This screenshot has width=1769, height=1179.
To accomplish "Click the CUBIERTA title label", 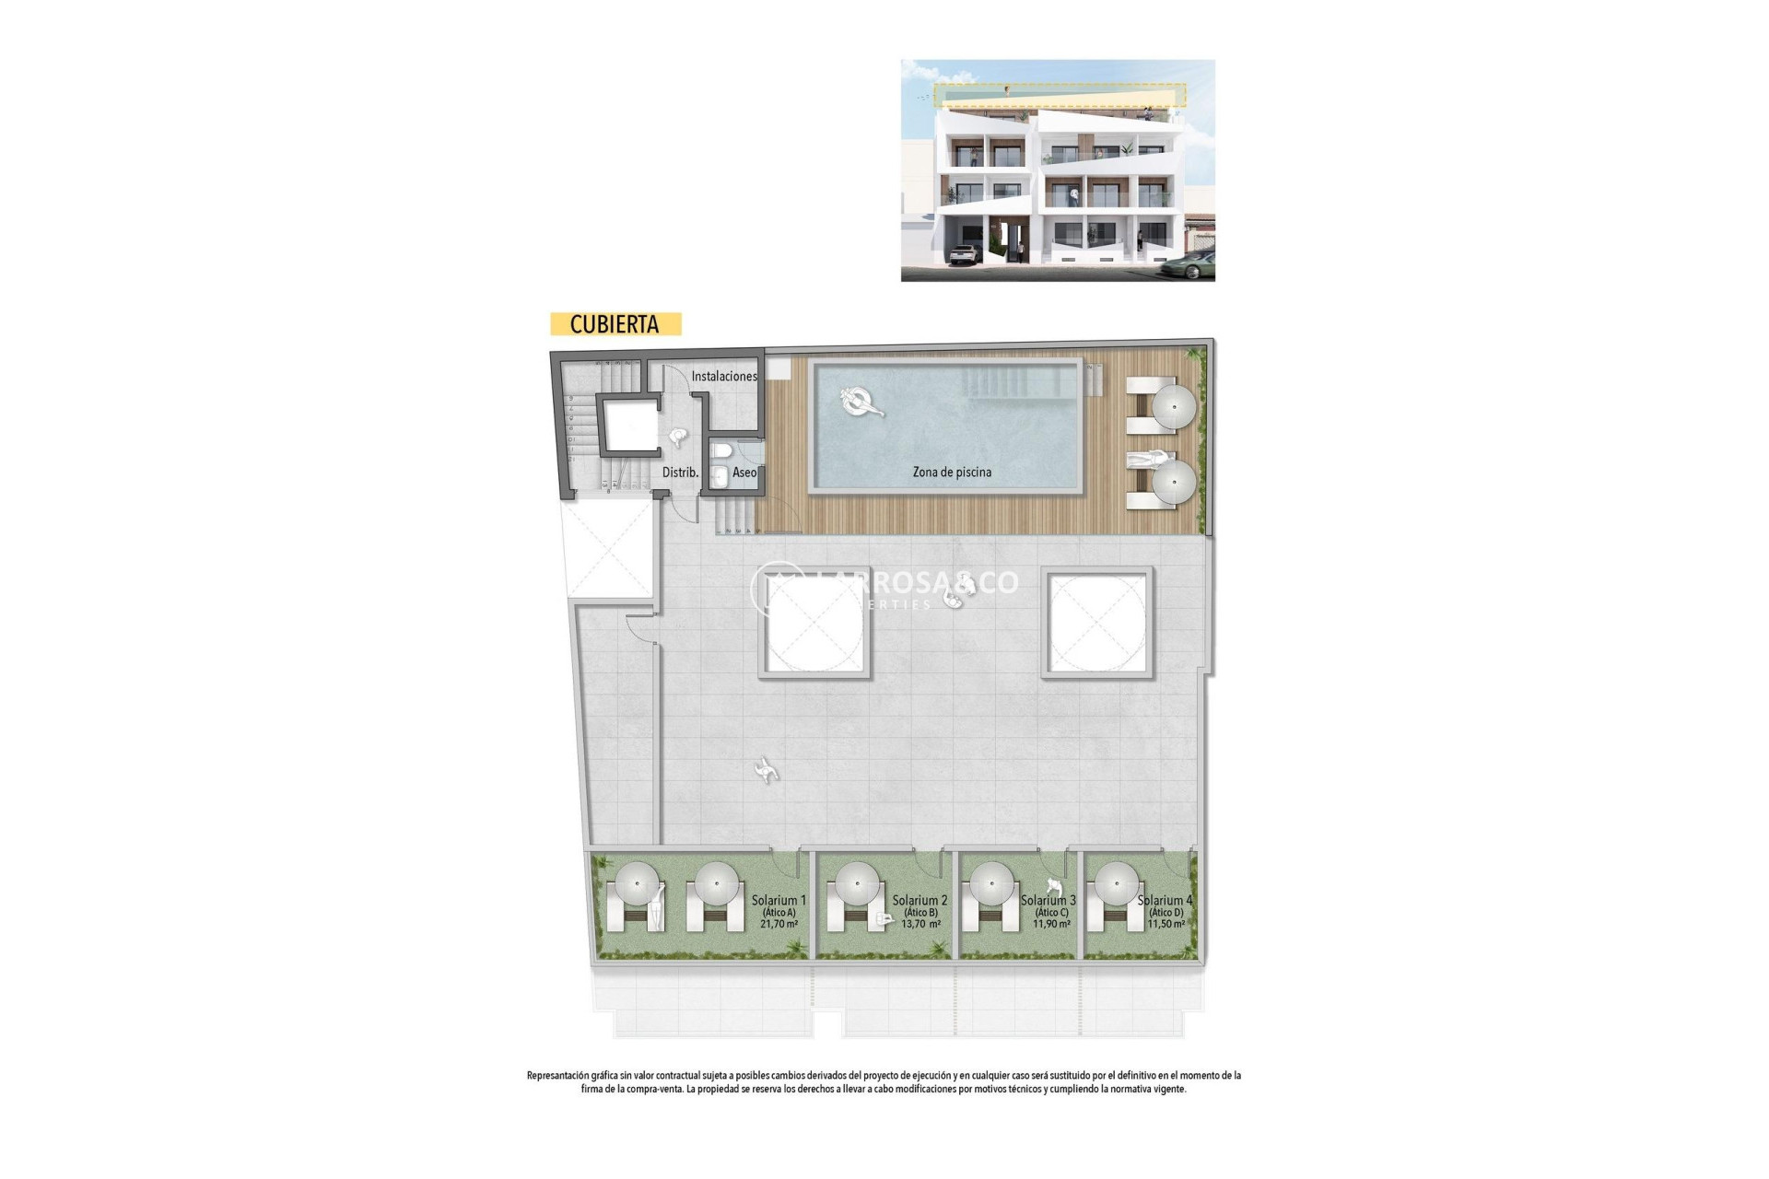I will (x=615, y=324).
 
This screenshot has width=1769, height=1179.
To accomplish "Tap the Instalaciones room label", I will (x=724, y=376).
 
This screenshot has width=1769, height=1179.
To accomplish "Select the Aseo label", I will (x=744, y=473).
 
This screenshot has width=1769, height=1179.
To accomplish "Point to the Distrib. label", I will (x=680, y=473).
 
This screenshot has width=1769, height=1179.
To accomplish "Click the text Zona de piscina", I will (x=952, y=473).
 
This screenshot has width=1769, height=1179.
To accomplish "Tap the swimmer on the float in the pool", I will (x=861, y=402).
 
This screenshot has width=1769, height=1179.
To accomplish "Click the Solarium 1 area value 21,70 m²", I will (x=779, y=924).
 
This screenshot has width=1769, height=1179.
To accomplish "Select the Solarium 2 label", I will (x=920, y=900).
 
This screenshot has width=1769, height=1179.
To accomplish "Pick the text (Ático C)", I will (x=1051, y=913).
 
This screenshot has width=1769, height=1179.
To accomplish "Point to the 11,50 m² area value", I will (x=1166, y=924).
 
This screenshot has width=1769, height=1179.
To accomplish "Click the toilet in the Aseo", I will (x=720, y=450).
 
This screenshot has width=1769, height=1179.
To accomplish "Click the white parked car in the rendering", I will (x=963, y=254).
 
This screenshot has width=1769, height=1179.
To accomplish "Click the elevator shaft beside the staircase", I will (x=629, y=424).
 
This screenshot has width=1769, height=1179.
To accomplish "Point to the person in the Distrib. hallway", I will (x=678, y=438).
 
